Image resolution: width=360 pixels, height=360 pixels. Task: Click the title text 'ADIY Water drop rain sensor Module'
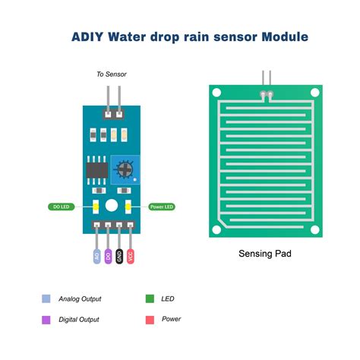pyautogui.click(x=190, y=36)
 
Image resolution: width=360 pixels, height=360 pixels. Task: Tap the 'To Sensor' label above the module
pyautogui.click(x=111, y=74)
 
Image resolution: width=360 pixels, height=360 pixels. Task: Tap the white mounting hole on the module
pyautogui.click(x=112, y=206)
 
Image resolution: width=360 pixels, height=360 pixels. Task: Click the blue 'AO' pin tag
pyautogui.click(x=96, y=256)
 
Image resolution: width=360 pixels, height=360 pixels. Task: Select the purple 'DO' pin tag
pyautogui.click(x=108, y=256)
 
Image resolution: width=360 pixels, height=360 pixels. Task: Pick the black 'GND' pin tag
pyautogui.click(x=119, y=256)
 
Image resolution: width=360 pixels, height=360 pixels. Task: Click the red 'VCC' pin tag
pyautogui.click(x=131, y=256)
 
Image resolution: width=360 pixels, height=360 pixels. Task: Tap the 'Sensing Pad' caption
pyautogui.click(x=265, y=254)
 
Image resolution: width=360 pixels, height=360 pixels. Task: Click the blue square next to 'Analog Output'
pyautogui.click(x=46, y=298)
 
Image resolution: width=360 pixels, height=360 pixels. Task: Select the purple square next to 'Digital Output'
pyautogui.click(x=46, y=319)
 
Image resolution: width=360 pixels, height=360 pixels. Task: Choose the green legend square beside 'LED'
pyautogui.click(x=149, y=298)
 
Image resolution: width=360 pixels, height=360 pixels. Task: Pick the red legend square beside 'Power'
pyautogui.click(x=149, y=319)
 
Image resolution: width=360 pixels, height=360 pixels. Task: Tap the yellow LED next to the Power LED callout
pyautogui.click(x=128, y=206)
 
